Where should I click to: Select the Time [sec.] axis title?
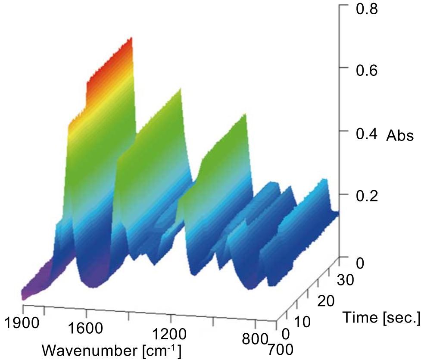(x=381, y=318)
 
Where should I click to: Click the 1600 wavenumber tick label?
(x=86, y=329)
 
